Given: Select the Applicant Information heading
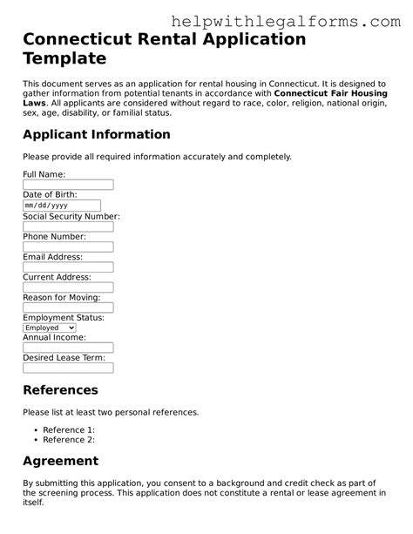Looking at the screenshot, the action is tap(96, 134).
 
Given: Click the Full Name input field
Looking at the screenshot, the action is tap(68, 185).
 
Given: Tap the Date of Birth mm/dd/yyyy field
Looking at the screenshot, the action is tap(68, 206).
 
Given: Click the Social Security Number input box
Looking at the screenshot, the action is tap(68, 226).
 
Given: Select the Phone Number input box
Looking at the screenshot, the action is tap(68, 247).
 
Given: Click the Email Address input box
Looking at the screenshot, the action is tap(68, 267).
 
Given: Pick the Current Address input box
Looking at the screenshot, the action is tap(68, 287).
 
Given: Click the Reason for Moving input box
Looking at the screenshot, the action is tap(68, 308).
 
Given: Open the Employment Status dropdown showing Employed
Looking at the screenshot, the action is tap(55, 328).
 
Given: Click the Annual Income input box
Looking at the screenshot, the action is tap(68, 348).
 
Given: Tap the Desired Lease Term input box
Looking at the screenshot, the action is tap(68, 368).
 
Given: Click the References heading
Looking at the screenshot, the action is tap(60, 389).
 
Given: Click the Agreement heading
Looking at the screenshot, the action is tap(60, 461).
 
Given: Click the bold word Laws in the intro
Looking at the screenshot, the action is tap(34, 103).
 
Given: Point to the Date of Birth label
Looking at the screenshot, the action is tap(50, 195).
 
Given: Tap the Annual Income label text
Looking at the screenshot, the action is tap(54, 337).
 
